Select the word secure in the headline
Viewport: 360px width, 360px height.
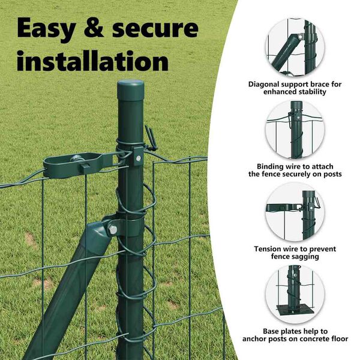pos(155,28)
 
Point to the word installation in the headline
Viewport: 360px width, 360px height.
pos(92,61)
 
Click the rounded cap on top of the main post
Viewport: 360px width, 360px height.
pos(131,89)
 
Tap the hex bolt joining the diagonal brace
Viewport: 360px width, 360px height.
pos(112,230)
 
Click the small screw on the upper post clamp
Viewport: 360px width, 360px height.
pos(139,158)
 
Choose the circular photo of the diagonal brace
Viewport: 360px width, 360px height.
pos(295,47)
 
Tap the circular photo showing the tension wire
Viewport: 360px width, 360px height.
pos(295,212)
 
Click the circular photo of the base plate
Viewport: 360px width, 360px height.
pos(295,294)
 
